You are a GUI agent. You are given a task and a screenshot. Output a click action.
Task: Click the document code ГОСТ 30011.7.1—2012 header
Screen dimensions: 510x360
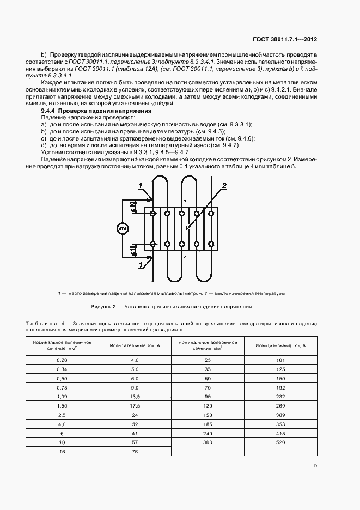pos(285,39)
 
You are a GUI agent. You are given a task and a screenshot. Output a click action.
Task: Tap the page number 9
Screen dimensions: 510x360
pos(316,465)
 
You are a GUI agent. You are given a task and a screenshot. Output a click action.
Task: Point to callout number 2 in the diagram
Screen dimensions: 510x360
pos(223,186)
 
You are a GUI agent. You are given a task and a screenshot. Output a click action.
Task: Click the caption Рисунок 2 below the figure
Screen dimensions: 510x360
pos(180,307)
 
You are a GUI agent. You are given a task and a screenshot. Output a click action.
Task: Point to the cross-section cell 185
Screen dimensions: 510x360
pos(207,423)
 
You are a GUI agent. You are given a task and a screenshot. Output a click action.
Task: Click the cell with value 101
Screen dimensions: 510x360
pos(280,360)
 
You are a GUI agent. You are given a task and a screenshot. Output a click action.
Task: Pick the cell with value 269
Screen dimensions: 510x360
pos(280,406)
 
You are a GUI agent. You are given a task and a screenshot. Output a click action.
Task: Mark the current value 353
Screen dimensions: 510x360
pos(280,423)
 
